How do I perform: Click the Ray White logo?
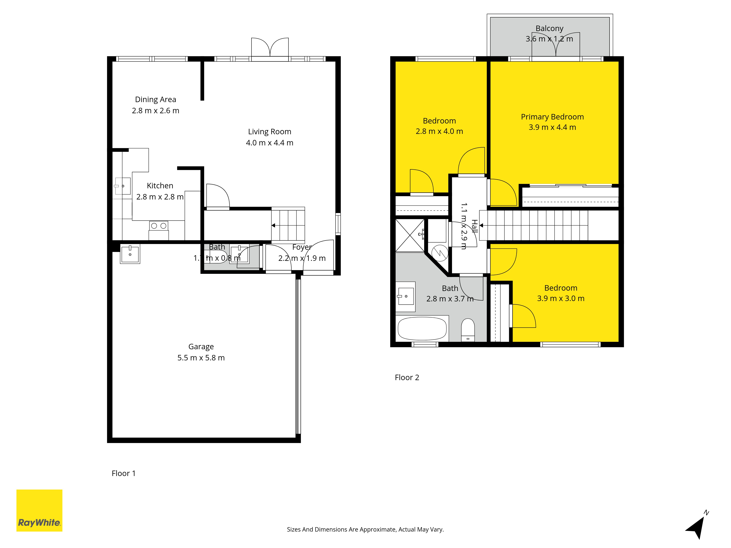click(x=39, y=510)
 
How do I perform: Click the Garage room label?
click(x=201, y=347)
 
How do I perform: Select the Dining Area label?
click(x=155, y=99)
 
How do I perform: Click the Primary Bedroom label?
click(x=552, y=117)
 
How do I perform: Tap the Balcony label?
click(x=549, y=28)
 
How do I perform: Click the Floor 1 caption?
click(x=124, y=473)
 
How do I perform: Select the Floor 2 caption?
click(x=407, y=378)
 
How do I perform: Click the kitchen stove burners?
click(x=159, y=226)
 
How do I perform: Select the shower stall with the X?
click(x=410, y=235)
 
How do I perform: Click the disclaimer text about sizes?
click(x=365, y=530)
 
